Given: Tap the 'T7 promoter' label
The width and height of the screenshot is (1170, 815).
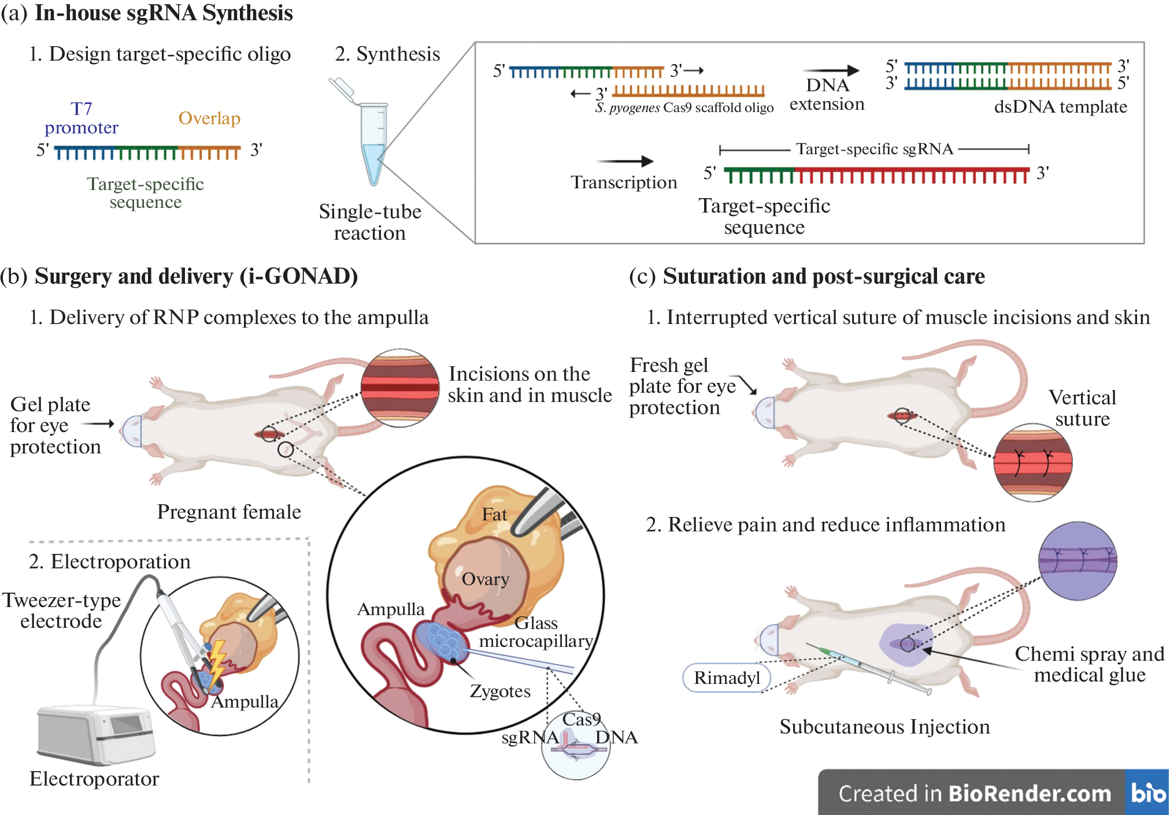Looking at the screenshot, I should pos(82,118).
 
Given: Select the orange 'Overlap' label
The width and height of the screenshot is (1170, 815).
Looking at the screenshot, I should pos(209,118).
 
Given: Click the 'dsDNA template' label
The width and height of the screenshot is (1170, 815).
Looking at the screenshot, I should pos(1060,107).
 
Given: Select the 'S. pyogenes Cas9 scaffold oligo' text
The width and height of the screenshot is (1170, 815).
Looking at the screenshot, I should pos(684,108).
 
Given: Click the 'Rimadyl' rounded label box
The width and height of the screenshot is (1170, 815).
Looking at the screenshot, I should pos(727,678).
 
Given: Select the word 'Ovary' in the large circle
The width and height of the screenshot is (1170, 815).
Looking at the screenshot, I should pos(485,579).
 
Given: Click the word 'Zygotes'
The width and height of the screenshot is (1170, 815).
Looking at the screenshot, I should pos(500,691).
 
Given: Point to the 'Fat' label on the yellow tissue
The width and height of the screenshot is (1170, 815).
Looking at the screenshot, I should pos(494,514).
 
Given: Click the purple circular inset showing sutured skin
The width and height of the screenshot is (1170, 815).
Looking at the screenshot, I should pos(1078,561).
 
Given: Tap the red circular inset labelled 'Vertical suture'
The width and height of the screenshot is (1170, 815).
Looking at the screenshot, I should pos(1032,462).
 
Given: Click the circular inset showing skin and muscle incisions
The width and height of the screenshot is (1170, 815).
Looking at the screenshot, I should pos(399,388).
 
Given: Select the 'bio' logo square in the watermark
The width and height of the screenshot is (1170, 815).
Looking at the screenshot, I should pos(1147,792).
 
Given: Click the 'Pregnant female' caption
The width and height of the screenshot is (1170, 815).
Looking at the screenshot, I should pos(229,512).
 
